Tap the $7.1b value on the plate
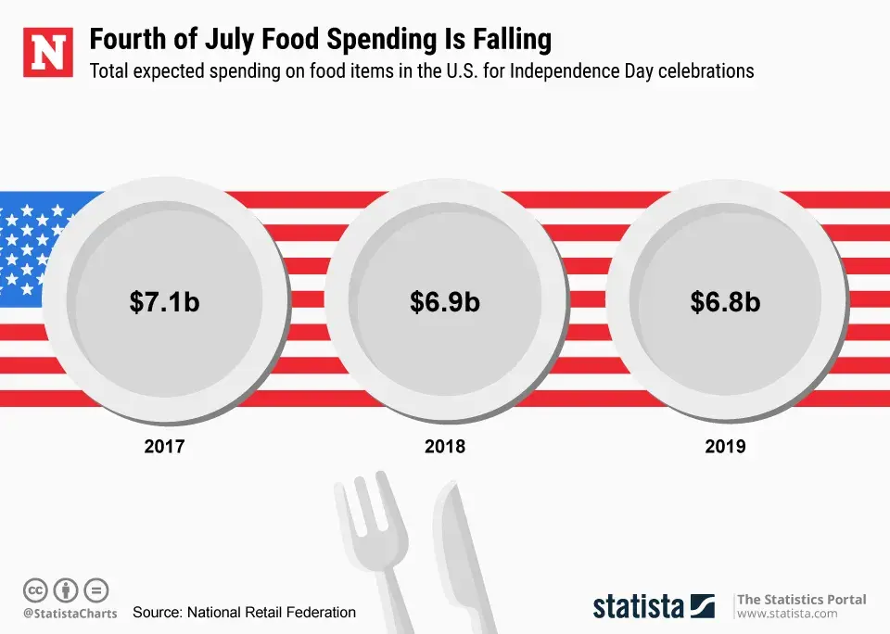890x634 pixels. tap(164, 301)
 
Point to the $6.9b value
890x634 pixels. tap(445, 301)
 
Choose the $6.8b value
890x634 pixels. tap(725, 301)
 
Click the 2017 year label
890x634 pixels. tap(164, 446)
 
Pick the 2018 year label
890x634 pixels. tap(445, 446)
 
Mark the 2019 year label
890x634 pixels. tap(725, 446)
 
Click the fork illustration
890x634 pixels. tap(375, 547)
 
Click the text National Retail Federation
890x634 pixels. tap(271, 612)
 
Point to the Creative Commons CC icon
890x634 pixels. tap(35, 590)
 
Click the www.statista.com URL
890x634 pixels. tap(787, 614)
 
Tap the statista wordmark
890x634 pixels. tap(640, 606)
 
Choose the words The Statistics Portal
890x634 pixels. tap(801, 599)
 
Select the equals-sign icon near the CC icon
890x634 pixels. tap(96, 590)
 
